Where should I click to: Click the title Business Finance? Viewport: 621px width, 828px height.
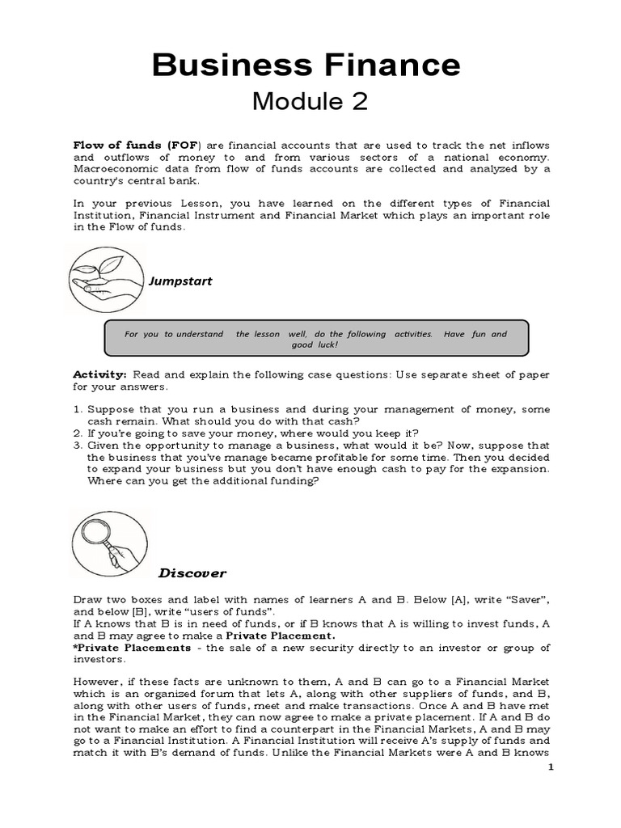(306, 64)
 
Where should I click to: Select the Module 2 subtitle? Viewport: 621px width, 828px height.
(310, 101)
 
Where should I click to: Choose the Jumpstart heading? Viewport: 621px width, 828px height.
(180, 281)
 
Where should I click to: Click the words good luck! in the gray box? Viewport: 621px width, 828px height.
(314, 344)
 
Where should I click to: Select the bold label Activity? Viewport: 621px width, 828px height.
(100, 374)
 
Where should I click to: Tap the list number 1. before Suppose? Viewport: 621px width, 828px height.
(78, 410)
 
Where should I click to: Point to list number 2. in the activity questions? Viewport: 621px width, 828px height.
(78, 433)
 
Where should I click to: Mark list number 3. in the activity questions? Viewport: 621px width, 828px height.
(78, 446)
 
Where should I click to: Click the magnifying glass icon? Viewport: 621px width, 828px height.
(108, 543)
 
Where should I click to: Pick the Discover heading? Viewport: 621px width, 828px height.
(192, 573)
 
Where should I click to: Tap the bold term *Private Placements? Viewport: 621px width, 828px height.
(133, 648)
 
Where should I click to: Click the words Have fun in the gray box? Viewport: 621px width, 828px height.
(465, 334)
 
